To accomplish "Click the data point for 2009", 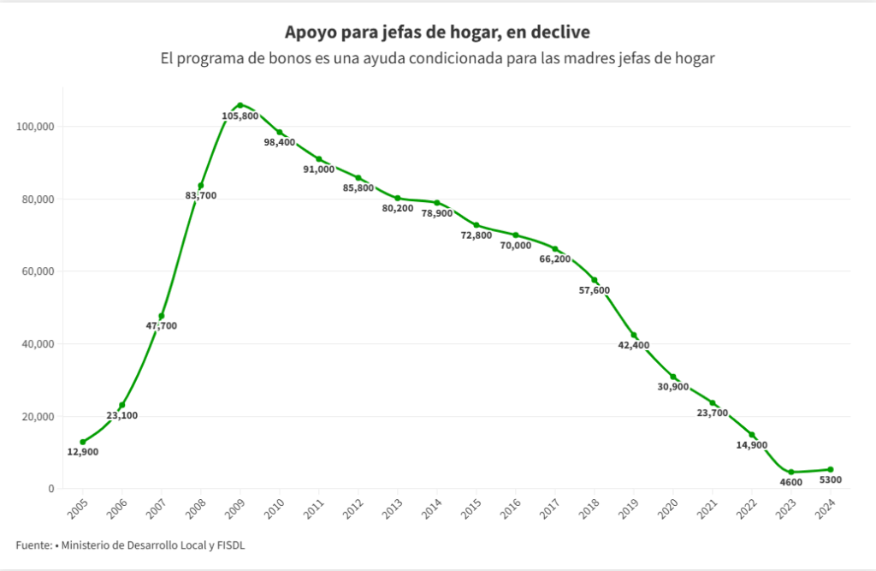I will click(x=240, y=105).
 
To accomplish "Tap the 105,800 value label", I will click(x=240, y=116).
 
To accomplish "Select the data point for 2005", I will click(x=83, y=442).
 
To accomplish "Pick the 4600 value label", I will click(x=792, y=483).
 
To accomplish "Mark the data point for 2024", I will click(x=831, y=469).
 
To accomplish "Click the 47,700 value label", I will click(x=161, y=325).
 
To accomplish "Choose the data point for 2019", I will click(x=634, y=336).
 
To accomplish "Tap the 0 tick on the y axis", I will click(x=51, y=489).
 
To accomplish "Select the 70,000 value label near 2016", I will click(x=516, y=246).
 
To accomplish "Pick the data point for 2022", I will click(x=752, y=435).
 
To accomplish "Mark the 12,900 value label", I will click(x=83, y=452).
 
